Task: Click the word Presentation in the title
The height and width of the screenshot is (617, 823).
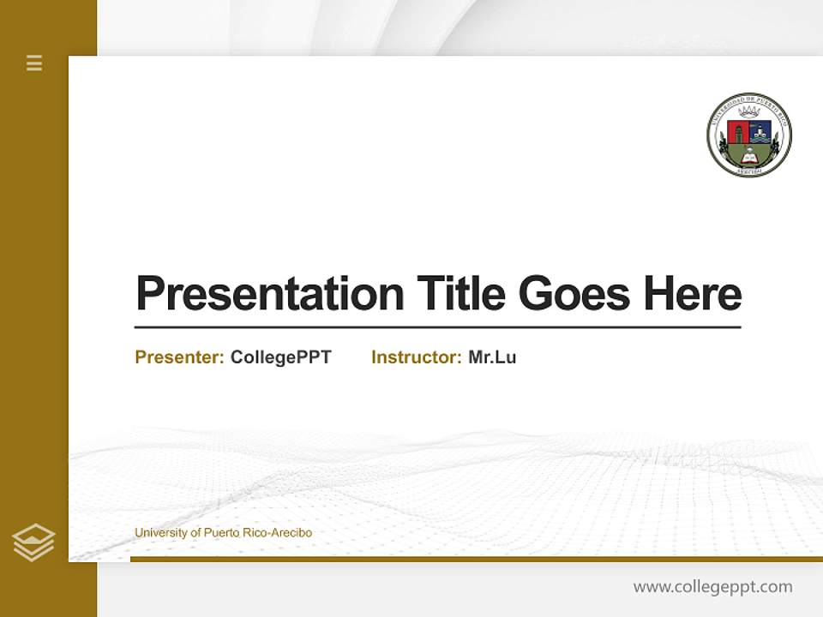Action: [x=269, y=294]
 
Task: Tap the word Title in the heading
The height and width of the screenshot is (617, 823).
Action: [x=460, y=294]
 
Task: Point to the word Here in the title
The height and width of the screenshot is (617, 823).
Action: [x=693, y=294]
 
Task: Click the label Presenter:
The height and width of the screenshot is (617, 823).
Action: [x=180, y=357]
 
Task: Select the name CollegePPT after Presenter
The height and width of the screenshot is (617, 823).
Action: [x=281, y=357]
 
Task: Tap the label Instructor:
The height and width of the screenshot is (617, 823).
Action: [x=417, y=357]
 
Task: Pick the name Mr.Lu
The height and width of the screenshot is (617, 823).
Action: [x=492, y=357]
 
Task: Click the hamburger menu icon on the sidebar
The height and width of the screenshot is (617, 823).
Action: [x=34, y=63]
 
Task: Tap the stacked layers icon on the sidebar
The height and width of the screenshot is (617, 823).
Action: [x=33, y=542]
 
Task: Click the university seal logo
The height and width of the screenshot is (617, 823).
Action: [x=749, y=135]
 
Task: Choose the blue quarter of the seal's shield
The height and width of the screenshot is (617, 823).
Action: [x=760, y=131]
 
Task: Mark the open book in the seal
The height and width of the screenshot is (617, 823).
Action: [x=749, y=158]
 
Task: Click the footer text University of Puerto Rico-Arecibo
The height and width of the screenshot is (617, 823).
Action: [x=223, y=533]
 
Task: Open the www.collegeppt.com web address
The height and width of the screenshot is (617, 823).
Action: [x=712, y=587]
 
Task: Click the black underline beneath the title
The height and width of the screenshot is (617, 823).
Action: [x=437, y=327]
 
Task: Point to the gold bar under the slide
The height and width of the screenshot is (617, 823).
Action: [x=476, y=559]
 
